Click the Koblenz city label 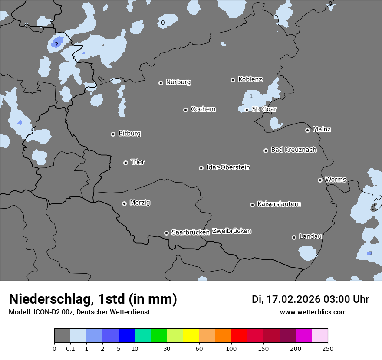click(250, 79)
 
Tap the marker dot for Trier click(126, 163)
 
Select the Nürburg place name click(178, 82)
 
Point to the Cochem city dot click(185, 110)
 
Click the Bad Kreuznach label click(293, 150)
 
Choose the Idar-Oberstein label click(228, 167)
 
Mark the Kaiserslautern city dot click(252, 205)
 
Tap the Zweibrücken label click(231, 231)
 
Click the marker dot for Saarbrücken click(166, 233)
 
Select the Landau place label click(310, 236)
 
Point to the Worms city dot click(320, 180)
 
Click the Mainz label click(322, 129)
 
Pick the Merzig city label click(140, 203)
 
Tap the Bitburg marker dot click(113, 134)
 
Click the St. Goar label click(264, 109)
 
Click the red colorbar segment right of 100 click(239, 335)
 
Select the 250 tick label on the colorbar click(328, 348)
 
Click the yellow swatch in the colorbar click(191, 335)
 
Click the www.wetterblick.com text click(313, 312)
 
